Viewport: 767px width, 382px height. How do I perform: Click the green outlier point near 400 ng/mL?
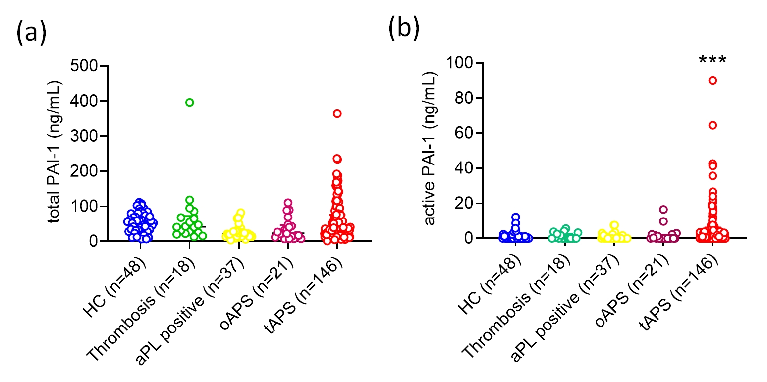189,103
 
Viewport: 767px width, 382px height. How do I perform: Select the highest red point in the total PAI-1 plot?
337,114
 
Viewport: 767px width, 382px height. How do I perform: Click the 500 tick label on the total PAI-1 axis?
85,66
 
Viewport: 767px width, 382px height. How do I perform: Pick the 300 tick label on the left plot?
85,136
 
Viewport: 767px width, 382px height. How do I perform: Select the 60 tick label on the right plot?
465,134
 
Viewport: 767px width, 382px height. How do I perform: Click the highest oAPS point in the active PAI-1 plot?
663,210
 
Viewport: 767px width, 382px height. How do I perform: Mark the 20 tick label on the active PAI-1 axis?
465,204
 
